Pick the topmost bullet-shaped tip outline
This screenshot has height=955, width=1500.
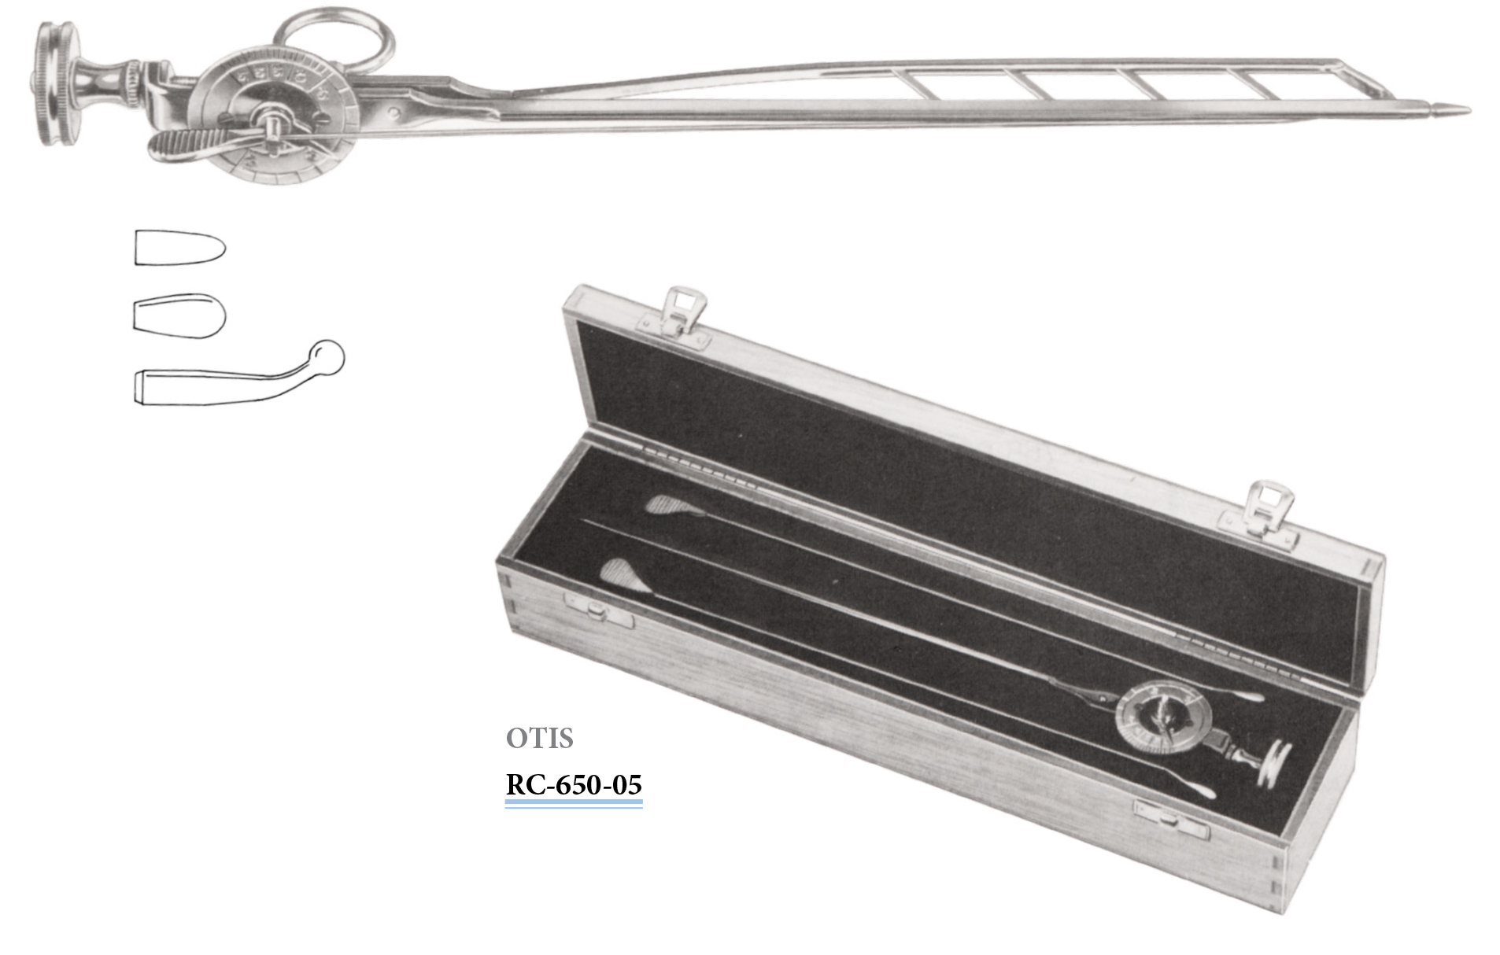[x=180, y=247]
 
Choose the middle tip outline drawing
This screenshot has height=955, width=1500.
[x=179, y=315]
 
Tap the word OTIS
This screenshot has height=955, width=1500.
[x=539, y=738]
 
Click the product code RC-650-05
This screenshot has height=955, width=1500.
[x=574, y=784]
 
